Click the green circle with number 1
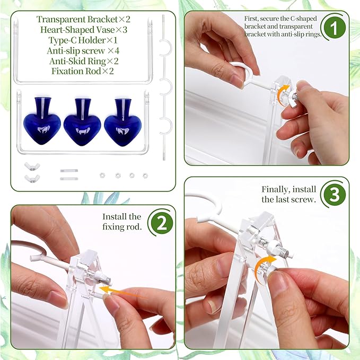[334, 28]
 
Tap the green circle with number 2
[161, 223]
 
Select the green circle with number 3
[334, 194]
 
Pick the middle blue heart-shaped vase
[82, 122]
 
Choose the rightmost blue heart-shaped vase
[122, 122]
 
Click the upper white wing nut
[32, 166]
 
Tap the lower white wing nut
[32, 178]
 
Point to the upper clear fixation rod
[69, 171]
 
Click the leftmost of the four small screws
[102, 175]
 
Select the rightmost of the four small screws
[145, 176]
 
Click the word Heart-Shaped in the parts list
[77, 30]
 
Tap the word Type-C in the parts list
[63, 40]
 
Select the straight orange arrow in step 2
[123, 292]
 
